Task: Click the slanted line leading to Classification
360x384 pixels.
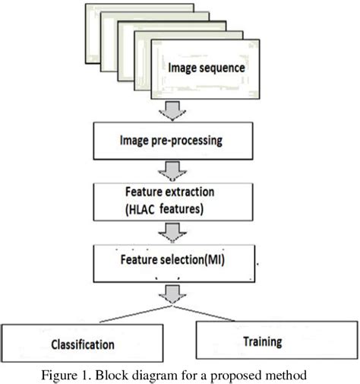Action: (106, 313)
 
